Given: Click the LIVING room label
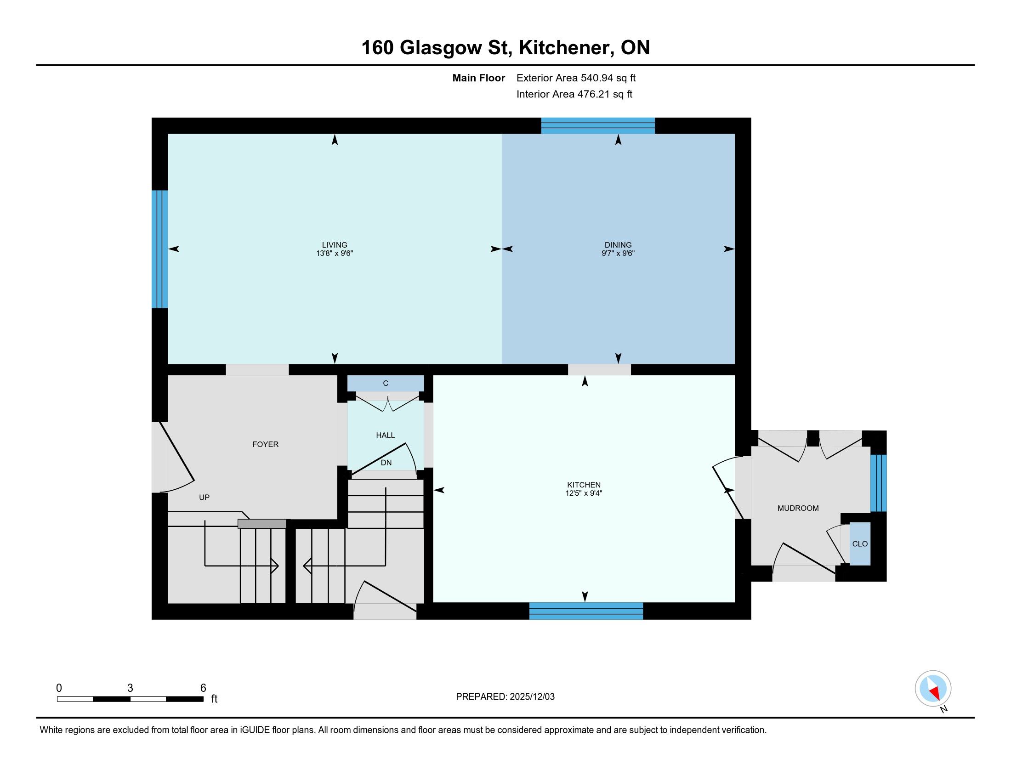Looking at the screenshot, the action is pos(335,245).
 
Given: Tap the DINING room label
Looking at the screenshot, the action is pos(618,245).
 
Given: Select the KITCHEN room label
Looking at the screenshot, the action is pos(584,485).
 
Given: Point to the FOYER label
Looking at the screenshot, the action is pos(265,444).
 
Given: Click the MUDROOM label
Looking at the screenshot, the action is pos(798,508).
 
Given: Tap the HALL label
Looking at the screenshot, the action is pos(385,435).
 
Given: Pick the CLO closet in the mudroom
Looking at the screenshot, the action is pos(860,543).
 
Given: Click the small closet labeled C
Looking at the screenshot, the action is pos(386,383).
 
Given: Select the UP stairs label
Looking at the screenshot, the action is pos(204,498).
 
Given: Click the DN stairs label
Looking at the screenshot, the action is pos(386,463).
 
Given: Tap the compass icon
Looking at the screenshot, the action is pos(933,689).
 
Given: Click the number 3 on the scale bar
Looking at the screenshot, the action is pos(130,688).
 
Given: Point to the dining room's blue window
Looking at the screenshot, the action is pos(598,126).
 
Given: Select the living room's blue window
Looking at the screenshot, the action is pos(160,249).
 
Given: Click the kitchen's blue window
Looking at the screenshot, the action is pos(586,611).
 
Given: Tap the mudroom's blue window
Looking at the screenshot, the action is pos(878,483).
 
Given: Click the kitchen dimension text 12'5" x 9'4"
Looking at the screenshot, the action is pos(584,493).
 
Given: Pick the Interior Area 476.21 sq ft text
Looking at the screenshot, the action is pos(574,94).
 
